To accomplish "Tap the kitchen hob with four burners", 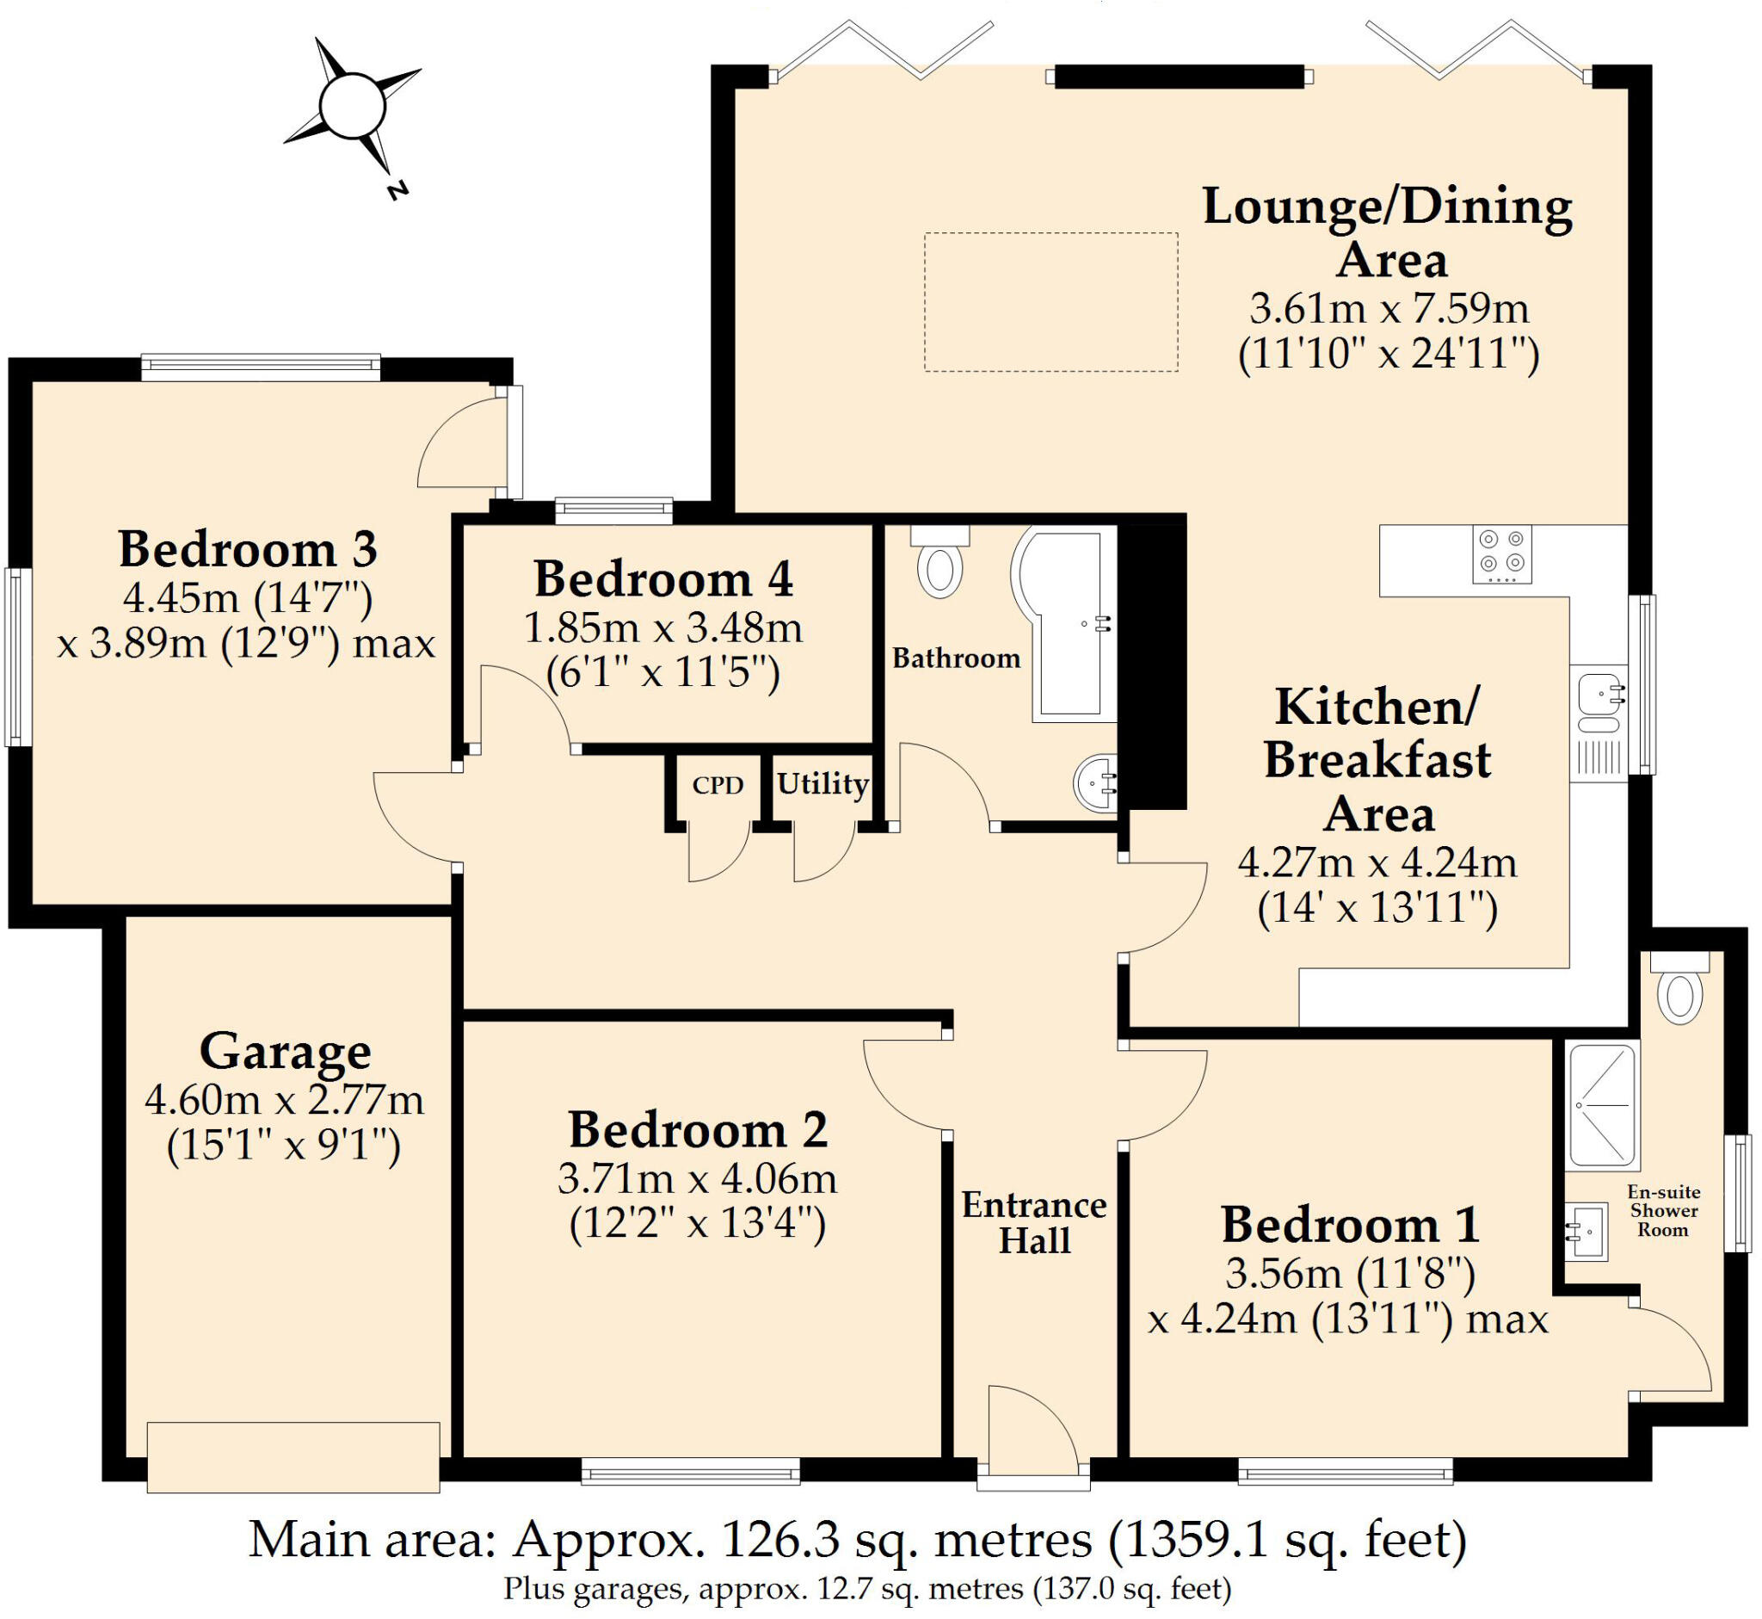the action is [x=1502, y=553].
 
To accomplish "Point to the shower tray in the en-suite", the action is [x=1602, y=1107].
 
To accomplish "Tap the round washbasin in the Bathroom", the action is [x=1095, y=782].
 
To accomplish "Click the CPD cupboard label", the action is [x=718, y=785].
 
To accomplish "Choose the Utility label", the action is [x=822, y=783].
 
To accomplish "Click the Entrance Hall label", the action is [x=1034, y=1223].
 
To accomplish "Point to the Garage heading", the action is [x=286, y=1052].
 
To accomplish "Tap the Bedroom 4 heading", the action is [x=664, y=579].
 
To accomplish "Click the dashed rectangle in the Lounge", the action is [x=1050, y=301].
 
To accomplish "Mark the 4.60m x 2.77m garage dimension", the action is [x=284, y=1100].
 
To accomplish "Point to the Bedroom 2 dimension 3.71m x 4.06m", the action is [x=697, y=1179].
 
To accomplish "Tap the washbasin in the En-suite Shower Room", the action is [x=1586, y=1231].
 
